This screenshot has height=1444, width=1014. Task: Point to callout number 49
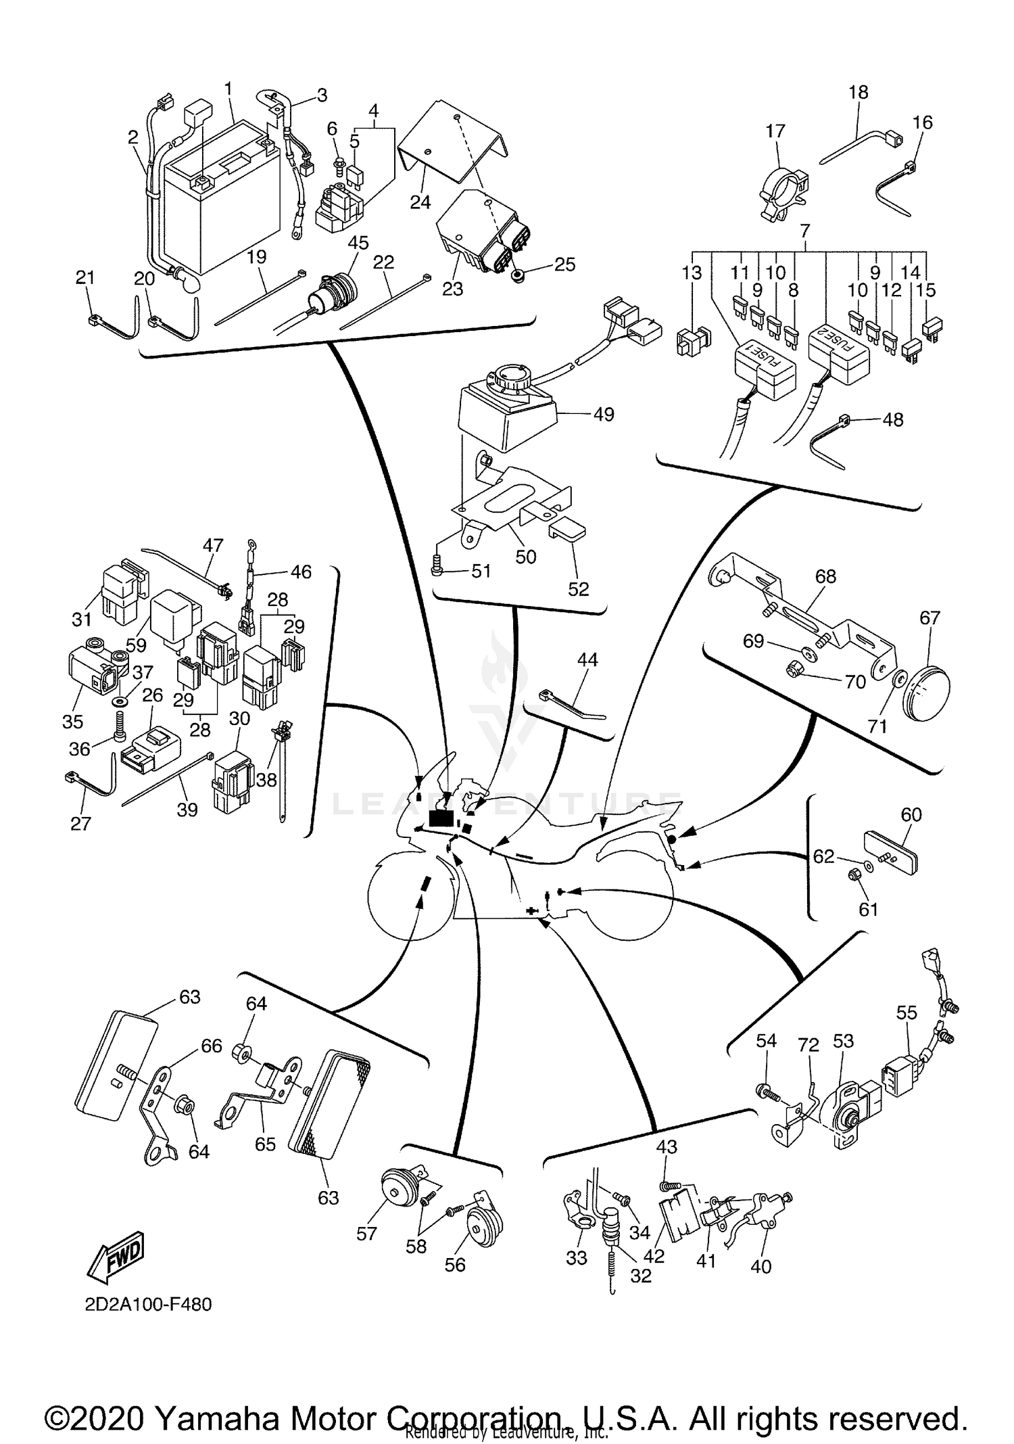[x=603, y=414]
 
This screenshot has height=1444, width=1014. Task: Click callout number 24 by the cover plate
[x=420, y=202]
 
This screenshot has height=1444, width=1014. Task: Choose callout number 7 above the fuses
[x=804, y=231]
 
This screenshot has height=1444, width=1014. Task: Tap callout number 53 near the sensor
[x=843, y=1041]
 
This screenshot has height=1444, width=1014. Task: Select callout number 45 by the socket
[x=358, y=243]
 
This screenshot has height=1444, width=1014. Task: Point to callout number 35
[x=72, y=721]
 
